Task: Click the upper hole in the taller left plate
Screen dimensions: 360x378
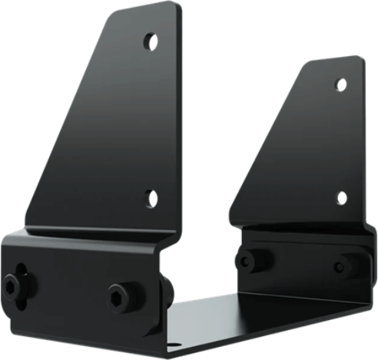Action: tap(151, 42)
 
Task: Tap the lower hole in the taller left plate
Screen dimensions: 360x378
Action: tap(151, 198)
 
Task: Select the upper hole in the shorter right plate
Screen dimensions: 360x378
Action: tap(341, 85)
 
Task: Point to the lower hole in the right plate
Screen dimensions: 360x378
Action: tap(341, 198)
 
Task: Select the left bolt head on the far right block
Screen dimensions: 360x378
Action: tap(247, 260)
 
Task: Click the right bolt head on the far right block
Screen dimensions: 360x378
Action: tap(342, 267)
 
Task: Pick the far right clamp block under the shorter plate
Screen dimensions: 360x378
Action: tap(300, 258)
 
